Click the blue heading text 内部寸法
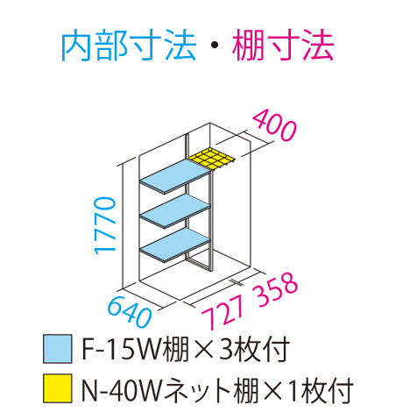[129, 46]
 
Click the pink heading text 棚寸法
[283, 46]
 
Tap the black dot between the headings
[215, 46]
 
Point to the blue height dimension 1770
[105, 225]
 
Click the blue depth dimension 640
[130, 312]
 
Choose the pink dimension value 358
[277, 289]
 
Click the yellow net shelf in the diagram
[212, 159]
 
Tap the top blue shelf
[175, 176]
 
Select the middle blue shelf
[175, 211]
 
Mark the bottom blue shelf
[175, 245]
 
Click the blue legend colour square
[58, 349]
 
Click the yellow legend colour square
[58, 388]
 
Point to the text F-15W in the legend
[121, 349]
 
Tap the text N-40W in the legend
[122, 389]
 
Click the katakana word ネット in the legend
[197, 389]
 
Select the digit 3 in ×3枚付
[226, 349]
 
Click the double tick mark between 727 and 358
[237, 282]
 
